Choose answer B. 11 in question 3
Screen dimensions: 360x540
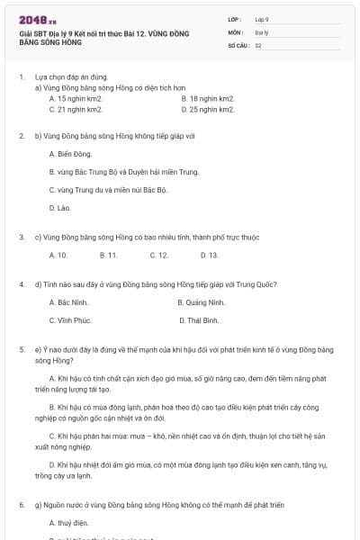(x=109, y=255)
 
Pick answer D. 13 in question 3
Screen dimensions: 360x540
(x=208, y=255)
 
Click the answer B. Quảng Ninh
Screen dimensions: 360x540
(x=202, y=302)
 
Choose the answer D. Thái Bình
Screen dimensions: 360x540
(x=200, y=319)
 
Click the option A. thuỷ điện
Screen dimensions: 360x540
(x=70, y=522)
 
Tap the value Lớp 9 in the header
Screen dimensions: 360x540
(x=262, y=18)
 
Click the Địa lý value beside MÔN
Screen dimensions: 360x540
(x=261, y=31)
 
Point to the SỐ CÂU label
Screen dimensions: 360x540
(x=238, y=44)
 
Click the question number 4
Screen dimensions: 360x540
(x=22, y=283)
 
